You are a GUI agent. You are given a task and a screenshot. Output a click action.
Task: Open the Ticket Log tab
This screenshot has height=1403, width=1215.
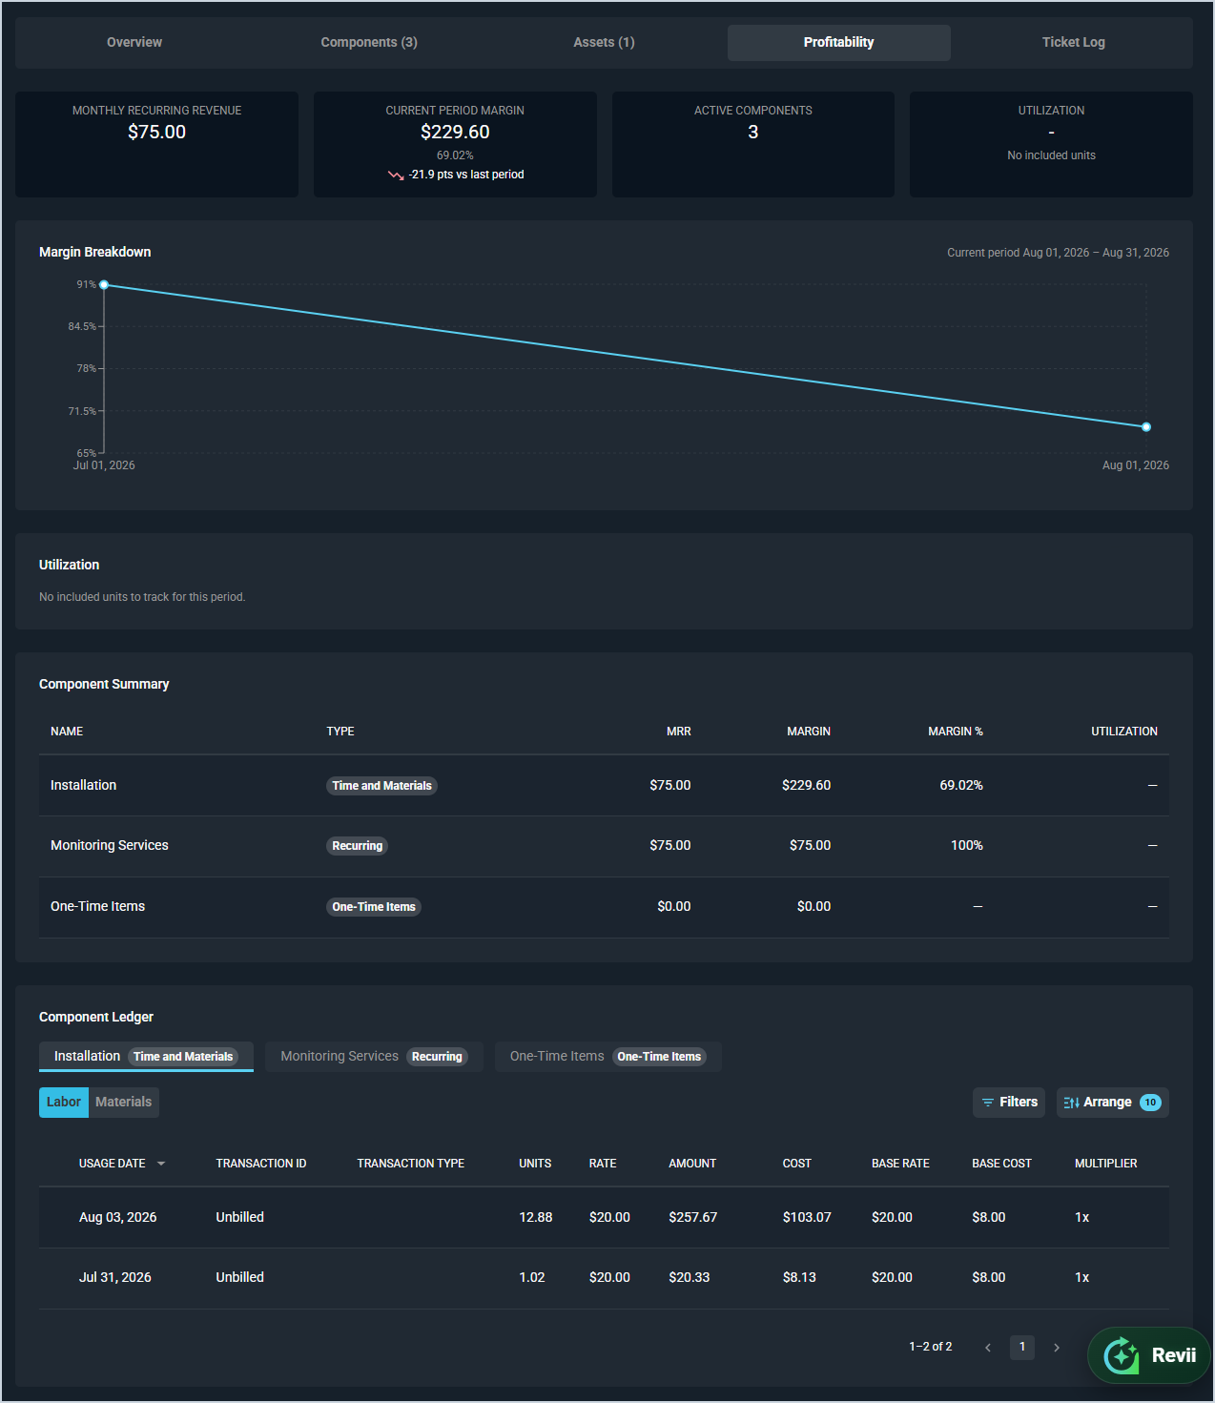[x=1073, y=42]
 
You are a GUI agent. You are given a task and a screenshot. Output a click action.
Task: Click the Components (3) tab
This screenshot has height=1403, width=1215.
[x=368, y=42]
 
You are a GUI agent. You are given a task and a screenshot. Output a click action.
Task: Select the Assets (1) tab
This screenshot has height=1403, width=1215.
[x=604, y=42]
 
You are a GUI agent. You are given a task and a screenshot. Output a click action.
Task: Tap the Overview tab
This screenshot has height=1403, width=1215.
[x=134, y=42]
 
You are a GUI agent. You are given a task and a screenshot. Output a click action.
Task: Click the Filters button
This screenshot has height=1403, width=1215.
[x=1009, y=1102]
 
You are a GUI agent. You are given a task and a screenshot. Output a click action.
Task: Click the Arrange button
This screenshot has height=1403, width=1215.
[x=1113, y=1102]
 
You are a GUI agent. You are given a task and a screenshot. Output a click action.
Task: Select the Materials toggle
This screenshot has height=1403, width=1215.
[x=124, y=1102]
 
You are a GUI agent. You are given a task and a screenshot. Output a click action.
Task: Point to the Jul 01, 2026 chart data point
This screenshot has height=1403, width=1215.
[x=104, y=285]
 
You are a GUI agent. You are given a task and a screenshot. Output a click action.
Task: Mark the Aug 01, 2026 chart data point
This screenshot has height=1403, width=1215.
[x=1145, y=427]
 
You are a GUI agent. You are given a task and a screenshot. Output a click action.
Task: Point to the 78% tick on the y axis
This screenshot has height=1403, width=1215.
[x=87, y=368]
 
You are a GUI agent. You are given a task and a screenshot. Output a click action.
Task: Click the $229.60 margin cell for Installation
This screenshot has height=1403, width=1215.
[x=806, y=785]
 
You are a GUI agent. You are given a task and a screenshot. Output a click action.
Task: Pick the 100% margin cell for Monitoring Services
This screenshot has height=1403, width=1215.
[x=967, y=845]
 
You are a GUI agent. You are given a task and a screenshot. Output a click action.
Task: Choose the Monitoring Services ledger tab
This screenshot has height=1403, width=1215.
[x=374, y=1056]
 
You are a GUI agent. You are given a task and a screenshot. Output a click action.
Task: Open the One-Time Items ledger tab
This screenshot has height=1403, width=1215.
[x=608, y=1056]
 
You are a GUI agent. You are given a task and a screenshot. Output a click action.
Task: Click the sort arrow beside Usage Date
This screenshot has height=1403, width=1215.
[x=161, y=1164]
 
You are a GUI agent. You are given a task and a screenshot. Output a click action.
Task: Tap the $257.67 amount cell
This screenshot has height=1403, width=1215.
[x=692, y=1217]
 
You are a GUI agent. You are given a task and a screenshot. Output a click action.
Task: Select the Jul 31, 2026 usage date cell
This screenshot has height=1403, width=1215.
[x=114, y=1277]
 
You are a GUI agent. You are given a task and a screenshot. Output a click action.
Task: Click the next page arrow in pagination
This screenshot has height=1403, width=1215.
[x=1056, y=1348]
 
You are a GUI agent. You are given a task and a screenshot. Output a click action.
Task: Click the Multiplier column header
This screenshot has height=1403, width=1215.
[x=1105, y=1164]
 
